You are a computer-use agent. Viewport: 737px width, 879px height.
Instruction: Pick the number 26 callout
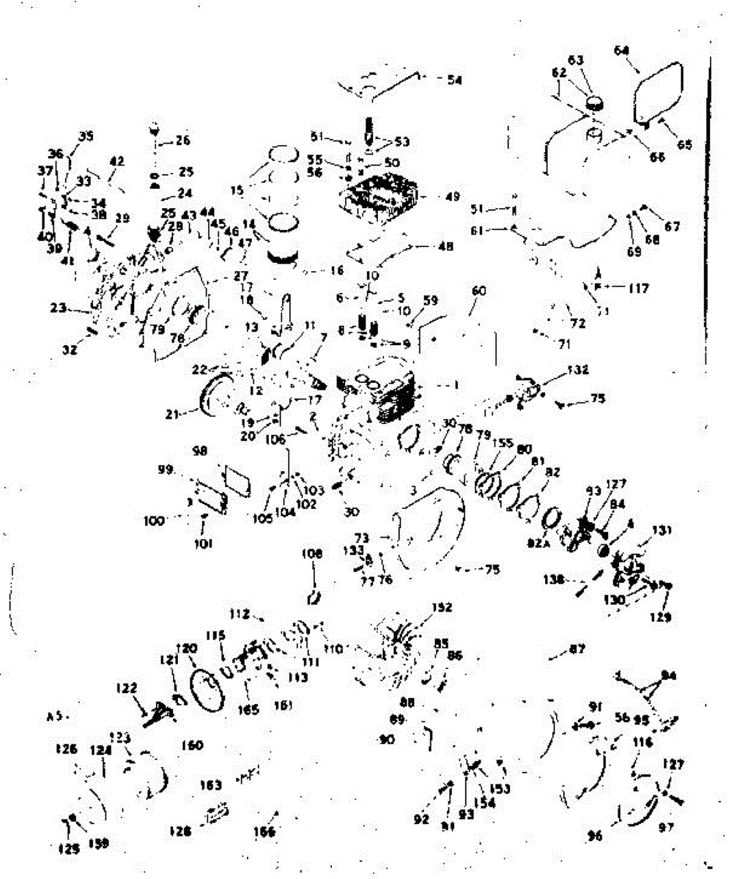point(182,140)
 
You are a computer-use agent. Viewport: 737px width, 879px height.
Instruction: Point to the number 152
point(442,607)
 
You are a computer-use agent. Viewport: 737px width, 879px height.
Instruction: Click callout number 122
point(127,689)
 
